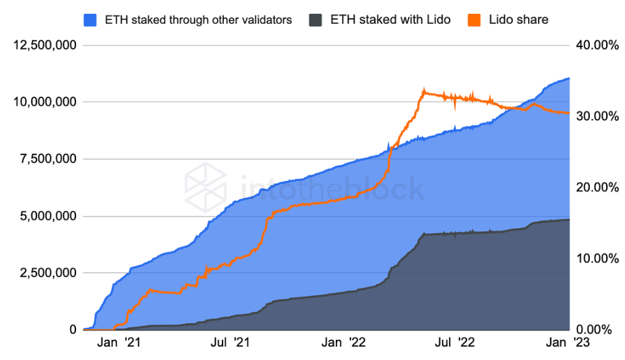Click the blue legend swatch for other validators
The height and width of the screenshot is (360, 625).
click(90, 20)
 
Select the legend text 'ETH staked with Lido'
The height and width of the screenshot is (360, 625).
click(390, 20)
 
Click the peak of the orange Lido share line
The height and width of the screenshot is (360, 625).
click(424, 89)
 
